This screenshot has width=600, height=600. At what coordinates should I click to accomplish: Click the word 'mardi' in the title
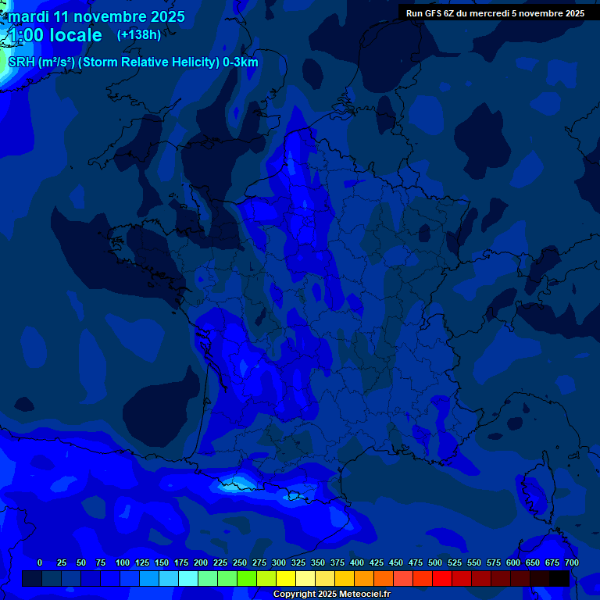point(27,17)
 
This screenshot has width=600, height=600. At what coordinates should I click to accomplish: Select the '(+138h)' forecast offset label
point(138,35)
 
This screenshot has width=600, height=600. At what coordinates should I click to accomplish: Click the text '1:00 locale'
point(55,36)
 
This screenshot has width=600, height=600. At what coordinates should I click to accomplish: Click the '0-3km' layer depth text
point(241,62)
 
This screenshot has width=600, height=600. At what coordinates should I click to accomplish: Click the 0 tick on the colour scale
point(40,562)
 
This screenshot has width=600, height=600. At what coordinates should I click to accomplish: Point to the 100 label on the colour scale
point(123,562)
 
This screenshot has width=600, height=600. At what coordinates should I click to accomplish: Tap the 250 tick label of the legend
point(240,562)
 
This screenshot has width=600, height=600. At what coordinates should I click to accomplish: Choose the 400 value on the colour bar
point(357,562)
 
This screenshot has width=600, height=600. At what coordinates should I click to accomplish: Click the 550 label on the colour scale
point(474,562)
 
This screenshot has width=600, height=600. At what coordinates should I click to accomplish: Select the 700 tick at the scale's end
point(571,562)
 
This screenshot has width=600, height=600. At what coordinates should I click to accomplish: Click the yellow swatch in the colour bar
point(286,578)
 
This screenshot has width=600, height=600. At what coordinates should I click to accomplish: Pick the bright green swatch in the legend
point(247,578)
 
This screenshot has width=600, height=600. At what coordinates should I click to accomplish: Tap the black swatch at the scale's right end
point(559,578)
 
